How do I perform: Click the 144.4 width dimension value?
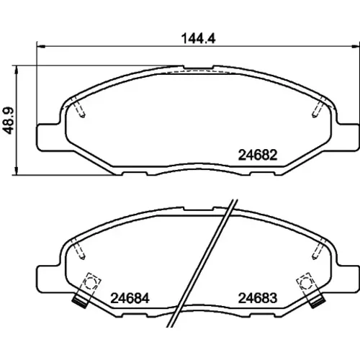(x=198, y=38)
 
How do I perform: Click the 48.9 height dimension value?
(x=8, y=120)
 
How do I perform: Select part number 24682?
(x=258, y=155)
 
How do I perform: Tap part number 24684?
(x=130, y=298)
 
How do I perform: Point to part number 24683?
(x=258, y=298)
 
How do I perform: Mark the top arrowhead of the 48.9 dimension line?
(x=17, y=70)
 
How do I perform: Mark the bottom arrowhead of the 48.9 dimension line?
(x=17, y=171)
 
